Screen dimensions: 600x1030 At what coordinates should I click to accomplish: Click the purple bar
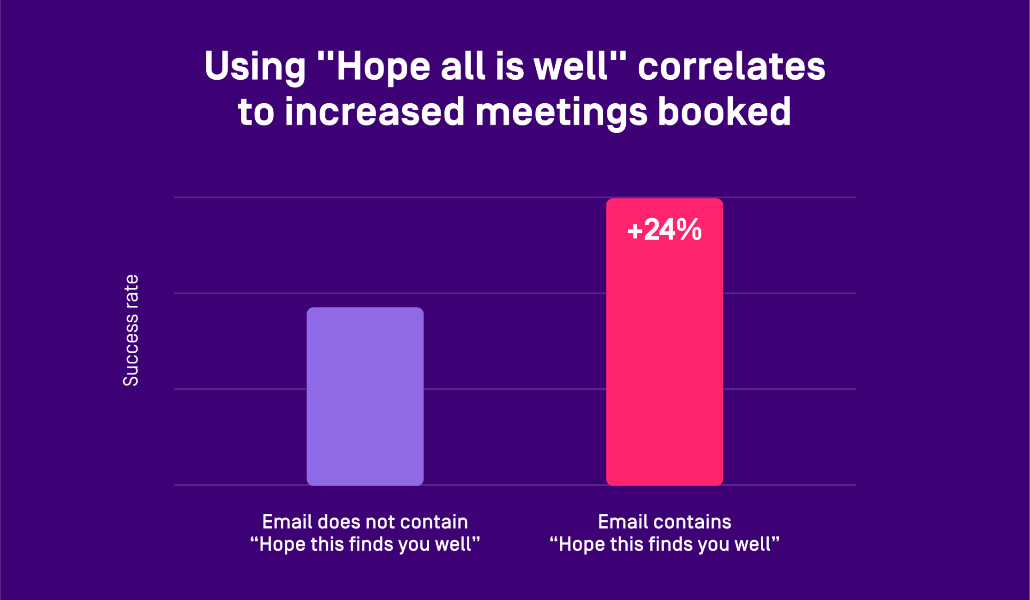(x=365, y=396)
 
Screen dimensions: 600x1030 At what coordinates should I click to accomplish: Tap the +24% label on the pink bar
(x=665, y=230)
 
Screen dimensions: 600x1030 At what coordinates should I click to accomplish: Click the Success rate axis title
(x=131, y=330)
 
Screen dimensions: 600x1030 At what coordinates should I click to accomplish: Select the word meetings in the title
(x=561, y=112)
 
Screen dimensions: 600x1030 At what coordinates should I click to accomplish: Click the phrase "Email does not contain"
(x=365, y=522)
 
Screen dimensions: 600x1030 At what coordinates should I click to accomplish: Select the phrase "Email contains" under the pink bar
(x=665, y=522)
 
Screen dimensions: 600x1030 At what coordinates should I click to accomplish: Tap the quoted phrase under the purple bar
(x=365, y=544)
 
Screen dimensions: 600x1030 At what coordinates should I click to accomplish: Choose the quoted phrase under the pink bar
(x=665, y=544)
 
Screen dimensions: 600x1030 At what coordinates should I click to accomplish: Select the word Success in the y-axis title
(x=131, y=350)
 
